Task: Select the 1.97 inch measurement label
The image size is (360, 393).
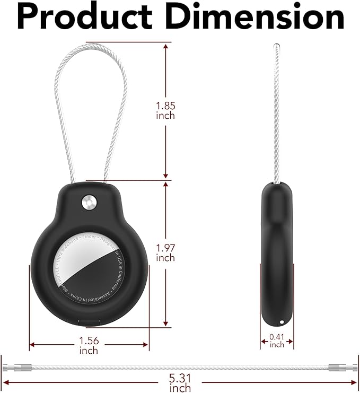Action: (165, 252)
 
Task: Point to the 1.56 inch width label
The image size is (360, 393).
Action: (89, 346)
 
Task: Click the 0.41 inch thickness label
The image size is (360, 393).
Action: (277, 340)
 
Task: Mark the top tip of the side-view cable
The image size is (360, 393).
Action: (276, 45)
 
